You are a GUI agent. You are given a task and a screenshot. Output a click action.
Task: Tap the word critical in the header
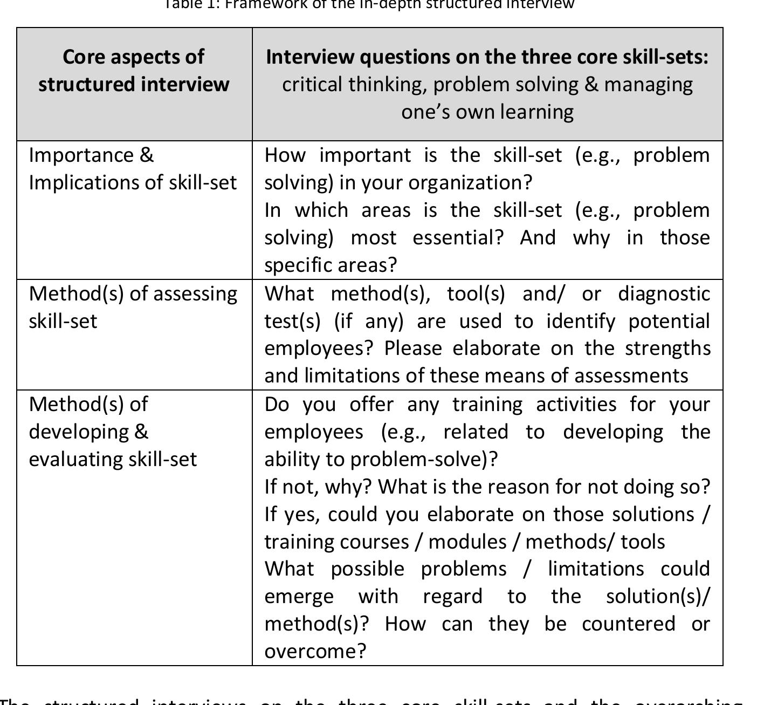click(312, 85)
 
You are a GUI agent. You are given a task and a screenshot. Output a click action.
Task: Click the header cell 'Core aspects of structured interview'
click(134, 71)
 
